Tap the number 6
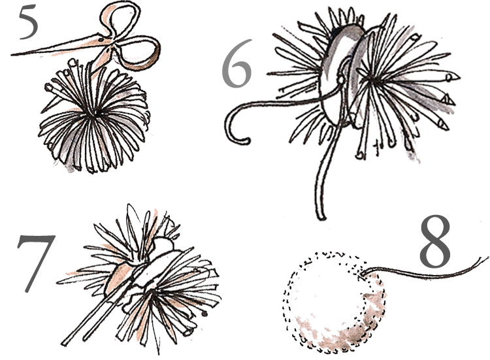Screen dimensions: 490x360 237,63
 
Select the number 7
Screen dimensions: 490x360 35,263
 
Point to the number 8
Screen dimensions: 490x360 435,241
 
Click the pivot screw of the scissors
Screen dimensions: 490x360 101,40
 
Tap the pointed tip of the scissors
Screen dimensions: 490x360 12,55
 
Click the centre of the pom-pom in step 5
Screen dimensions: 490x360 93,114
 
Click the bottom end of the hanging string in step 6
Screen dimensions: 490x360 321,217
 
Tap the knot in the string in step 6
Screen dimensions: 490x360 340,80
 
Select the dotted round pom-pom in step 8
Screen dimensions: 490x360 334,303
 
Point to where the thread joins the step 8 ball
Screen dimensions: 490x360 362,274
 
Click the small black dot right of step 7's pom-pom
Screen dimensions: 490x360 205,314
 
